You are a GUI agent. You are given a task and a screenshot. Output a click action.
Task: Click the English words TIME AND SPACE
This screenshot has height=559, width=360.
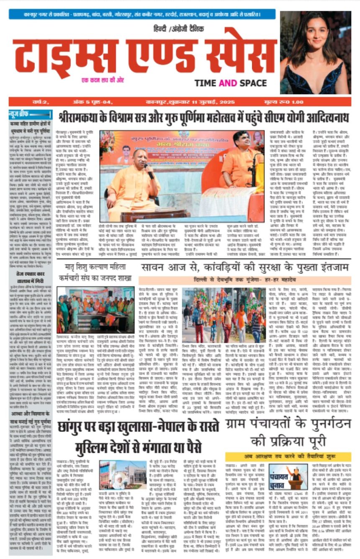tap(230, 83)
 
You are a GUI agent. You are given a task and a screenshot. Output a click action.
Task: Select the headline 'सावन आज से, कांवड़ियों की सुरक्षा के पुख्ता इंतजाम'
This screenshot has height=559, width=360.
tap(244, 267)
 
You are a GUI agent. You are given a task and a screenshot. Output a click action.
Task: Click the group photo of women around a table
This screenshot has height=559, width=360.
tap(95, 310)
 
